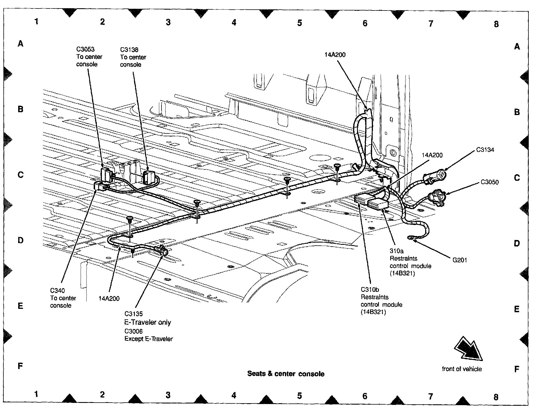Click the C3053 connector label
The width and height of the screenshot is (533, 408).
(x=85, y=49)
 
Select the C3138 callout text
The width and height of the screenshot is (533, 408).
(x=129, y=50)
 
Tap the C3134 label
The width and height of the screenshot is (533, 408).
(x=485, y=150)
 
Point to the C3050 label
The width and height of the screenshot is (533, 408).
(x=490, y=182)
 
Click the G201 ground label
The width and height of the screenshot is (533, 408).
(x=460, y=260)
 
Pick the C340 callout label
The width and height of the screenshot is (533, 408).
(x=57, y=290)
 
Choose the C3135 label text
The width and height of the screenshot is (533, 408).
(x=134, y=314)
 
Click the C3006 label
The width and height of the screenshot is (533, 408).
(x=134, y=331)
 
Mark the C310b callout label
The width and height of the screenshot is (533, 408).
(x=370, y=290)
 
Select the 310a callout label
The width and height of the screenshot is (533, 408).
(x=396, y=251)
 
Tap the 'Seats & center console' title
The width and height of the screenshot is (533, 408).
(x=286, y=374)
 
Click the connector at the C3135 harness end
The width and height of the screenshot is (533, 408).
(x=162, y=250)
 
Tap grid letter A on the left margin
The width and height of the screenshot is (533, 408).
(x=20, y=44)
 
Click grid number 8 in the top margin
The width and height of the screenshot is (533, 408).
(x=496, y=24)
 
